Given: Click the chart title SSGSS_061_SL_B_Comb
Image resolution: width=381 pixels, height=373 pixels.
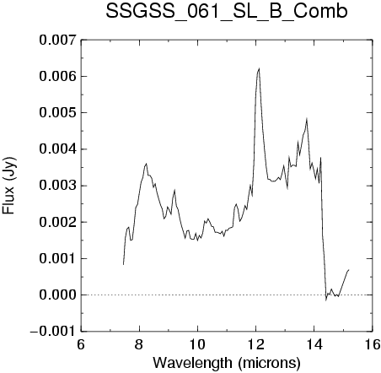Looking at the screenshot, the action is click(x=227, y=12).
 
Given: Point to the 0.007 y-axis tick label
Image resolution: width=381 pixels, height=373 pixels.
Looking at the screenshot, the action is click(x=57, y=41).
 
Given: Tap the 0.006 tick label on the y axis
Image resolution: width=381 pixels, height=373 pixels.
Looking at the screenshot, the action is click(x=57, y=77).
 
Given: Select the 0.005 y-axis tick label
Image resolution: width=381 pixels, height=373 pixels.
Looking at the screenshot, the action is click(x=57, y=113).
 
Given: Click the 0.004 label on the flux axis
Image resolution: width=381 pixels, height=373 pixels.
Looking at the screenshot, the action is click(x=57, y=149).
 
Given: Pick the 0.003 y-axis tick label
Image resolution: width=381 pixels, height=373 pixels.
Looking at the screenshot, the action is click(x=57, y=186).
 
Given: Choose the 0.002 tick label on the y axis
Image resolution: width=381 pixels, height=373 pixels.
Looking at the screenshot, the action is click(x=57, y=222).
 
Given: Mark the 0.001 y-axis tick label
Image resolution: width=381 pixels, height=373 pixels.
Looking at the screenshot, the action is click(x=57, y=258).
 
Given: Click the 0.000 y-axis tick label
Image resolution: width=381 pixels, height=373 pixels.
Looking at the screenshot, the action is click(x=57, y=295).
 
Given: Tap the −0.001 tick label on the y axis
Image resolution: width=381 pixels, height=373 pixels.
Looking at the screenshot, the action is click(x=53, y=332).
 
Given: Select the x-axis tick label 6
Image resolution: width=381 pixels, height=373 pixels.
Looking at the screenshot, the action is click(x=81, y=344).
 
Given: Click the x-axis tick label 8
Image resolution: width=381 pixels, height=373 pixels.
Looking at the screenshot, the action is click(x=139, y=344).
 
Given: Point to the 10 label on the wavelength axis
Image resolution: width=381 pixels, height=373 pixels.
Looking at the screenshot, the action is click(x=198, y=344).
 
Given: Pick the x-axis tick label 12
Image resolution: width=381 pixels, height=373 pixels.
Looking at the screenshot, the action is click(x=256, y=344).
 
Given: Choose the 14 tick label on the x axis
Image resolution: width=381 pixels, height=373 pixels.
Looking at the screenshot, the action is click(x=314, y=344).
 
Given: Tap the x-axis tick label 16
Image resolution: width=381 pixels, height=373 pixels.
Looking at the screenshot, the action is click(x=373, y=344).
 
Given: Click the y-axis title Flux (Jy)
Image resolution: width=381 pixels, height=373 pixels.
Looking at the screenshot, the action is click(x=9, y=186).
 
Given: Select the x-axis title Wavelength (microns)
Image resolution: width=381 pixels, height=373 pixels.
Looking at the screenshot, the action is click(x=227, y=363).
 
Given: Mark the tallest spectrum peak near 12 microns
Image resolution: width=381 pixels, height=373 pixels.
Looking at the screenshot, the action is click(x=259, y=68).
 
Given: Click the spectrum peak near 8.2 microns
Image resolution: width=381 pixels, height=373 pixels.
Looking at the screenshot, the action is click(x=147, y=164).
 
